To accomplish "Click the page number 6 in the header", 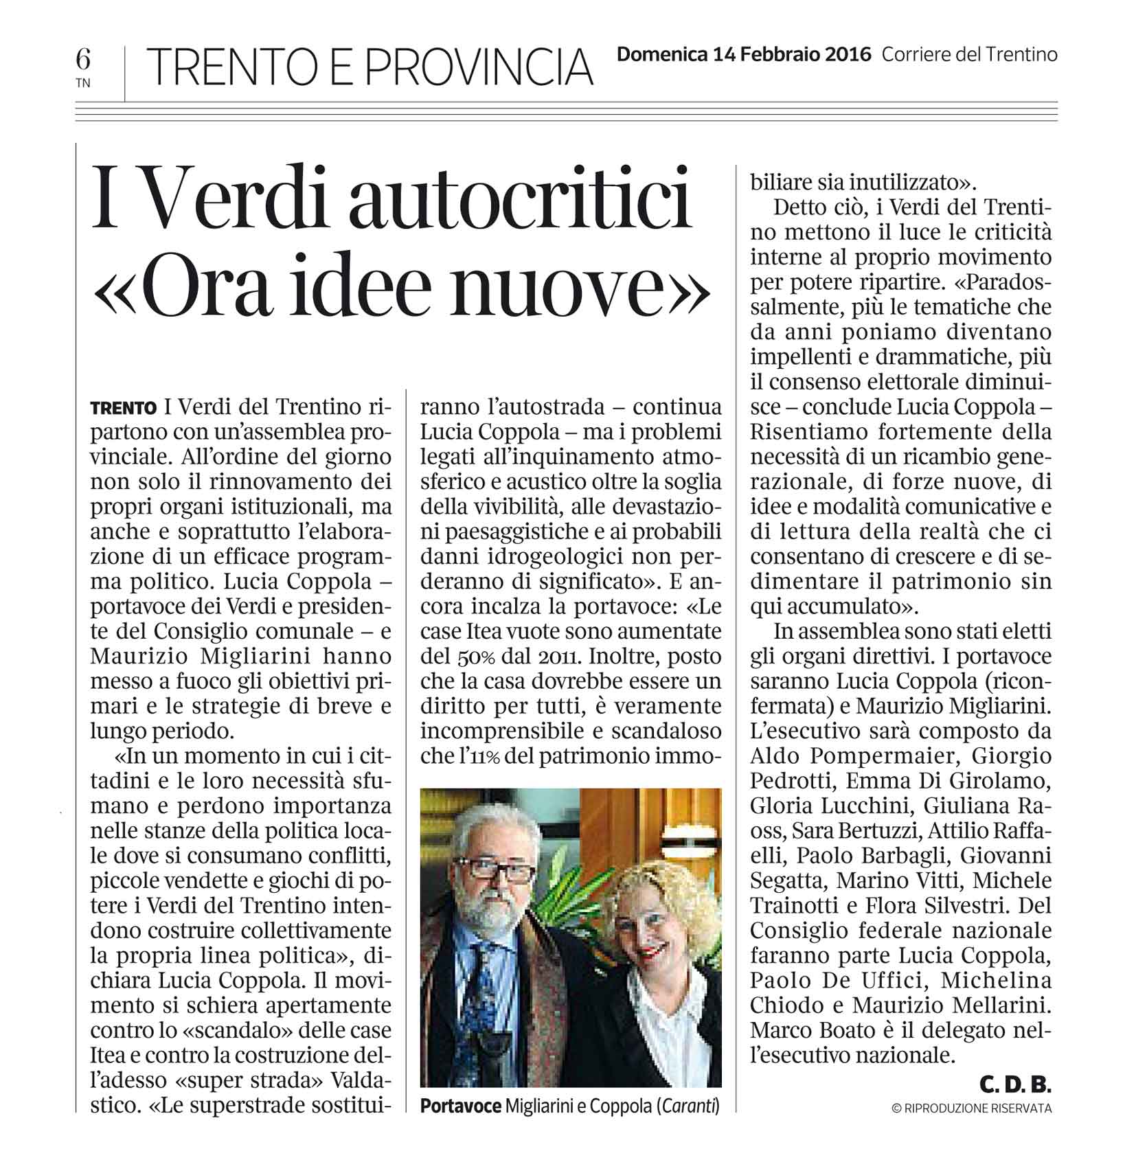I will (x=83, y=60).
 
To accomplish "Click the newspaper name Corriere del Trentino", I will (x=969, y=55).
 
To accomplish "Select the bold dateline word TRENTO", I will (x=123, y=408).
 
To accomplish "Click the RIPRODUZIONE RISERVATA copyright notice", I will (x=971, y=1108).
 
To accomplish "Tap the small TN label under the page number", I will (x=83, y=84).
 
